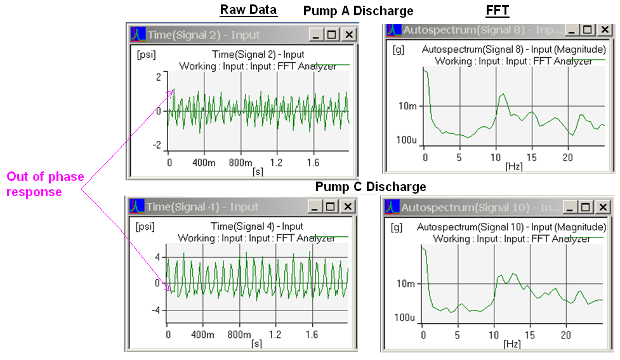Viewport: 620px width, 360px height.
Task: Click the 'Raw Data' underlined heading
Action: click(x=248, y=10)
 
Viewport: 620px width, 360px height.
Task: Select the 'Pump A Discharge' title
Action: click(x=358, y=11)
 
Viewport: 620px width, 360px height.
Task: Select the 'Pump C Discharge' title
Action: click(x=371, y=187)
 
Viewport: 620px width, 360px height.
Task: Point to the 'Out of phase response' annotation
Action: click(x=45, y=184)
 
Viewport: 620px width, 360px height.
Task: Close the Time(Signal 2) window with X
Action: click(x=349, y=34)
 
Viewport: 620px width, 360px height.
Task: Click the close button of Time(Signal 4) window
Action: click(x=348, y=206)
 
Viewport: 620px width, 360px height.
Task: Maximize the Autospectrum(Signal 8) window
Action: click(x=588, y=30)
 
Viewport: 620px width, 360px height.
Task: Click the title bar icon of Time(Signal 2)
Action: click(x=138, y=34)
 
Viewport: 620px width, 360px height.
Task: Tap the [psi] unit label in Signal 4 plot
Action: click(x=147, y=227)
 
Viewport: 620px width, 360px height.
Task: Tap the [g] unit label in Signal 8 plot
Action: click(x=399, y=49)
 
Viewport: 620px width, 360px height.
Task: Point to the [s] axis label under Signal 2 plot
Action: click(x=257, y=171)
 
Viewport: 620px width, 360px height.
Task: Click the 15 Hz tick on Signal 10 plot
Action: click(x=529, y=335)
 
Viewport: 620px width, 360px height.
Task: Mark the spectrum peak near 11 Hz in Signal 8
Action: click(x=503, y=95)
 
